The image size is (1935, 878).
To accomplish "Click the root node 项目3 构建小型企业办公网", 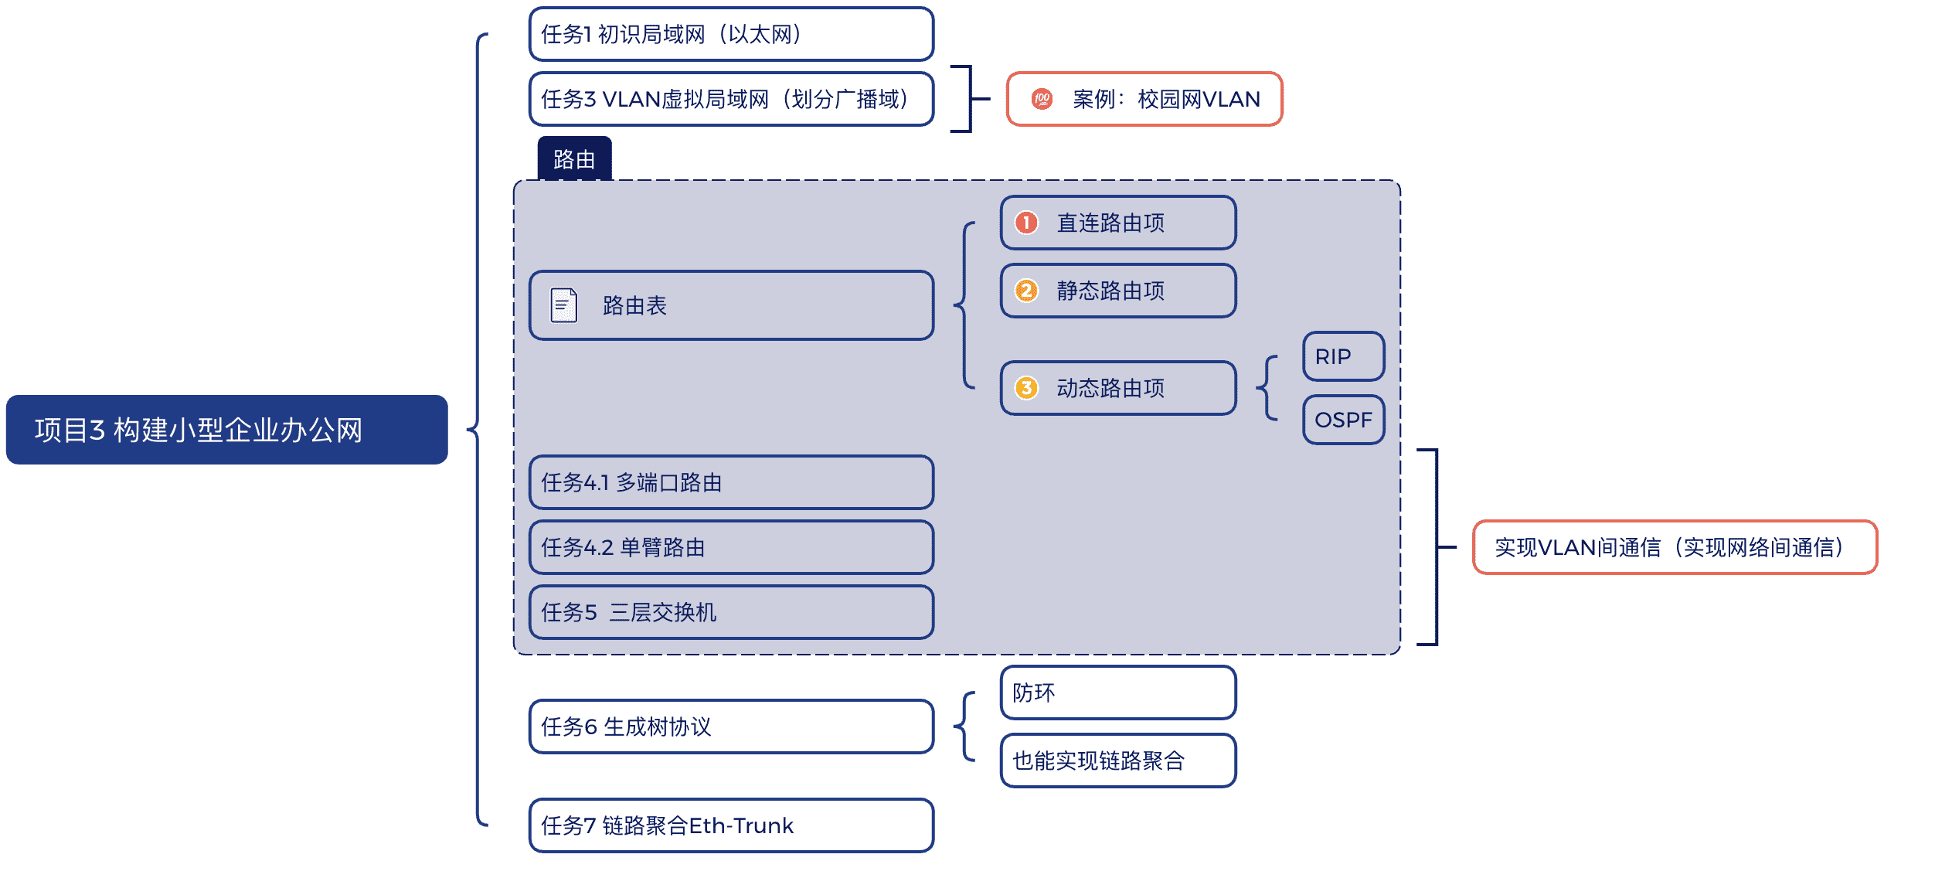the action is (226, 430).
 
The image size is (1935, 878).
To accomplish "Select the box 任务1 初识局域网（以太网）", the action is (731, 34).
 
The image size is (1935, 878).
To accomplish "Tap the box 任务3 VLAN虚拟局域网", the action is (731, 99).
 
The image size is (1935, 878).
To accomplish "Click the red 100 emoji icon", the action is (1042, 99).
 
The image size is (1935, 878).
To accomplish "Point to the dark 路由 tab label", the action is (574, 158).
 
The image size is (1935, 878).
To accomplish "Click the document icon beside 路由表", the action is (564, 305).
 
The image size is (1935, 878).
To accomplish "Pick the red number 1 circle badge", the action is (1026, 223).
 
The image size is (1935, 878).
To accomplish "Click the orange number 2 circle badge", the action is (1026, 291).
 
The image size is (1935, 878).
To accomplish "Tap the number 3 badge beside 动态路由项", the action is (1026, 388).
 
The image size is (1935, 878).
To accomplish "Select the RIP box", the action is (1343, 356).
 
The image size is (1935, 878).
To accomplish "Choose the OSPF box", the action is (1343, 420).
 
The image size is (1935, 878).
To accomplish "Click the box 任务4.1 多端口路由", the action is (731, 482).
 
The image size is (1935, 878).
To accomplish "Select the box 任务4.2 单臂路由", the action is (731, 547).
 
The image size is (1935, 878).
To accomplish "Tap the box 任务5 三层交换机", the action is (731, 612).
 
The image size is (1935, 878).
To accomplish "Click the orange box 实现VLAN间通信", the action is (1675, 547).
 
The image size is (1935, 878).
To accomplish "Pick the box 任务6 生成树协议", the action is (731, 727).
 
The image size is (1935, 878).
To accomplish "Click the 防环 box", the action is (1118, 693).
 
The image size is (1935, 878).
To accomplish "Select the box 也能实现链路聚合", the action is (1118, 761).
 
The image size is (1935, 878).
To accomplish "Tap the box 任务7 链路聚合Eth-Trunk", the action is (731, 825).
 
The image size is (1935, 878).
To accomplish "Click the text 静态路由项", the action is (1110, 291).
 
